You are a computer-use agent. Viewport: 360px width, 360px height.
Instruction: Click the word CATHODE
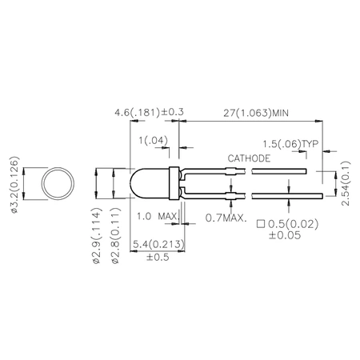point(249,158)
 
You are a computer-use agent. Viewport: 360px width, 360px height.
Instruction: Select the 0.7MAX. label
point(226,217)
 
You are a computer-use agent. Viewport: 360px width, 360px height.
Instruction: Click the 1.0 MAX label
point(155,217)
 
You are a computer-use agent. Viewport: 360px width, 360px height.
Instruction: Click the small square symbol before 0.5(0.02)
point(261,222)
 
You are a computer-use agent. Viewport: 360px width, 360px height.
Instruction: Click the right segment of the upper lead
point(279,170)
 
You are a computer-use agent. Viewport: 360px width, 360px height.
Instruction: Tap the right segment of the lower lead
point(279,195)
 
